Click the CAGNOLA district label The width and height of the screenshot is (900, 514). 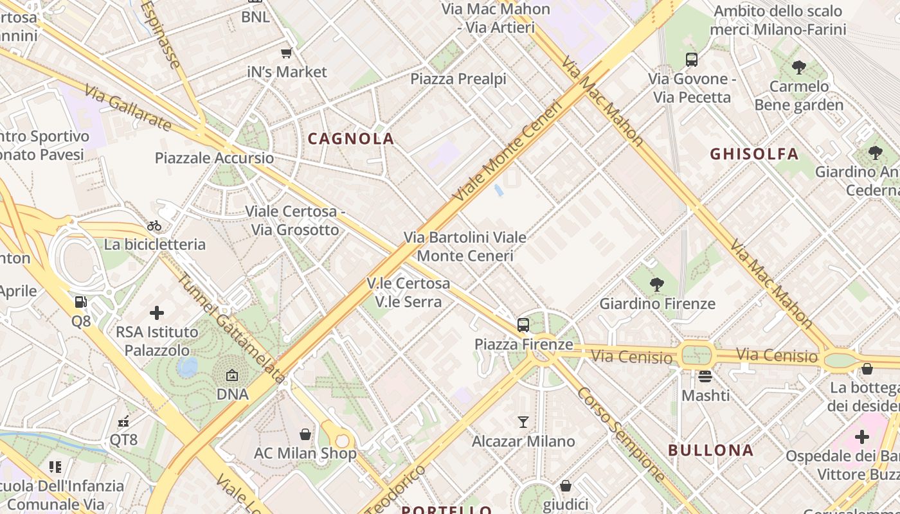click(x=351, y=139)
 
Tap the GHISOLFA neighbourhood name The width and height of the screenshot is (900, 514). click(x=754, y=154)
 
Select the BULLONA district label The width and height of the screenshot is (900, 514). click(x=711, y=450)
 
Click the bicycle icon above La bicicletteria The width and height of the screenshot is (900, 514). click(x=154, y=226)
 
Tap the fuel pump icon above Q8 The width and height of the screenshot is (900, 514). click(x=80, y=302)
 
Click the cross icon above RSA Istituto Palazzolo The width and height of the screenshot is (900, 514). click(x=157, y=313)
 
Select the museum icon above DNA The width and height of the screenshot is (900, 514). click(x=232, y=375)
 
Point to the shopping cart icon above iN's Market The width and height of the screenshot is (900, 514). click(x=287, y=53)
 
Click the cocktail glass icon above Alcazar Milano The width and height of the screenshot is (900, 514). click(x=523, y=422)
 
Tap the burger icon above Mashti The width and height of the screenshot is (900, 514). click(x=705, y=377)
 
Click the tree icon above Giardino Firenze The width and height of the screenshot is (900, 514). click(x=656, y=284)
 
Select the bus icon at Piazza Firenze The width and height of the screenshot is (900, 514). click(x=523, y=325)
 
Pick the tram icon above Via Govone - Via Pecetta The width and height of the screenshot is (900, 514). click(x=692, y=60)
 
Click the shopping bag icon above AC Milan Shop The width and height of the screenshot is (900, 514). click(x=305, y=435)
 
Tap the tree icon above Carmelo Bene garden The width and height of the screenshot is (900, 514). click(x=798, y=67)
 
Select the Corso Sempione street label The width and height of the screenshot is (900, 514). click(x=620, y=434)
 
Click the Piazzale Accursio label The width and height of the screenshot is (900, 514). click(x=214, y=158)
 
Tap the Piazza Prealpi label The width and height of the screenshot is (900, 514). click(x=458, y=79)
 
